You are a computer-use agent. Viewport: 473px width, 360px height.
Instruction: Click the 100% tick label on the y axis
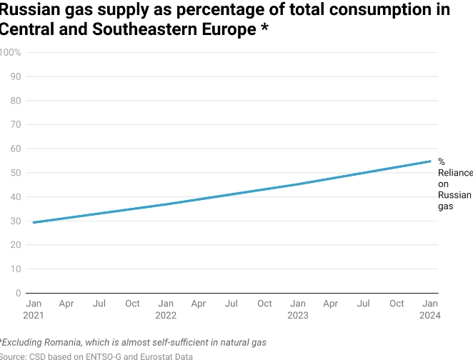point(10,52)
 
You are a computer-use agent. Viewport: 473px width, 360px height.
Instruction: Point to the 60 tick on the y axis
point(15,149)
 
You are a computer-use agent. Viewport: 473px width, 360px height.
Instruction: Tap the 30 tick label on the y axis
point(15,221)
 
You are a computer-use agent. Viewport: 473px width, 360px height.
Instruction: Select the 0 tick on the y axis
point(18,293)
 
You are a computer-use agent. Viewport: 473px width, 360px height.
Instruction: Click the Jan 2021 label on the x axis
point(33,309)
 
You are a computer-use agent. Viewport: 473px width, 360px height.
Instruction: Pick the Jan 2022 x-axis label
point(165,309)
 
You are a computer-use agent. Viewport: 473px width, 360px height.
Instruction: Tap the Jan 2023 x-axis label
point(297,309)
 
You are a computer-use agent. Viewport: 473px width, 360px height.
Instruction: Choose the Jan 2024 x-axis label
point(430,309)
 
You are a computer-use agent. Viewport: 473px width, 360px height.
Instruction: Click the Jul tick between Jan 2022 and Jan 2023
point(231,304)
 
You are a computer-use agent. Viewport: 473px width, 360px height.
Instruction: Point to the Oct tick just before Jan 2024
point(397,304)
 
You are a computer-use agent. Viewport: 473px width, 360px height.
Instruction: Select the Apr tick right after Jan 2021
point(66,304)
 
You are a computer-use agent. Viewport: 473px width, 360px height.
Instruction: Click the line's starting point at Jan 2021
point(33,222)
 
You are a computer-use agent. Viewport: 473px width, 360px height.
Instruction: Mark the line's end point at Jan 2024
point(430,161)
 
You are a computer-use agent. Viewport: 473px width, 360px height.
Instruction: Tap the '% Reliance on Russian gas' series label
point(454,184)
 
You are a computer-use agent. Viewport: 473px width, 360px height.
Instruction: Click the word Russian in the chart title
point(26,10)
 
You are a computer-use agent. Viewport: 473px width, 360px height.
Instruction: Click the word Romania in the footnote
point(72,342)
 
